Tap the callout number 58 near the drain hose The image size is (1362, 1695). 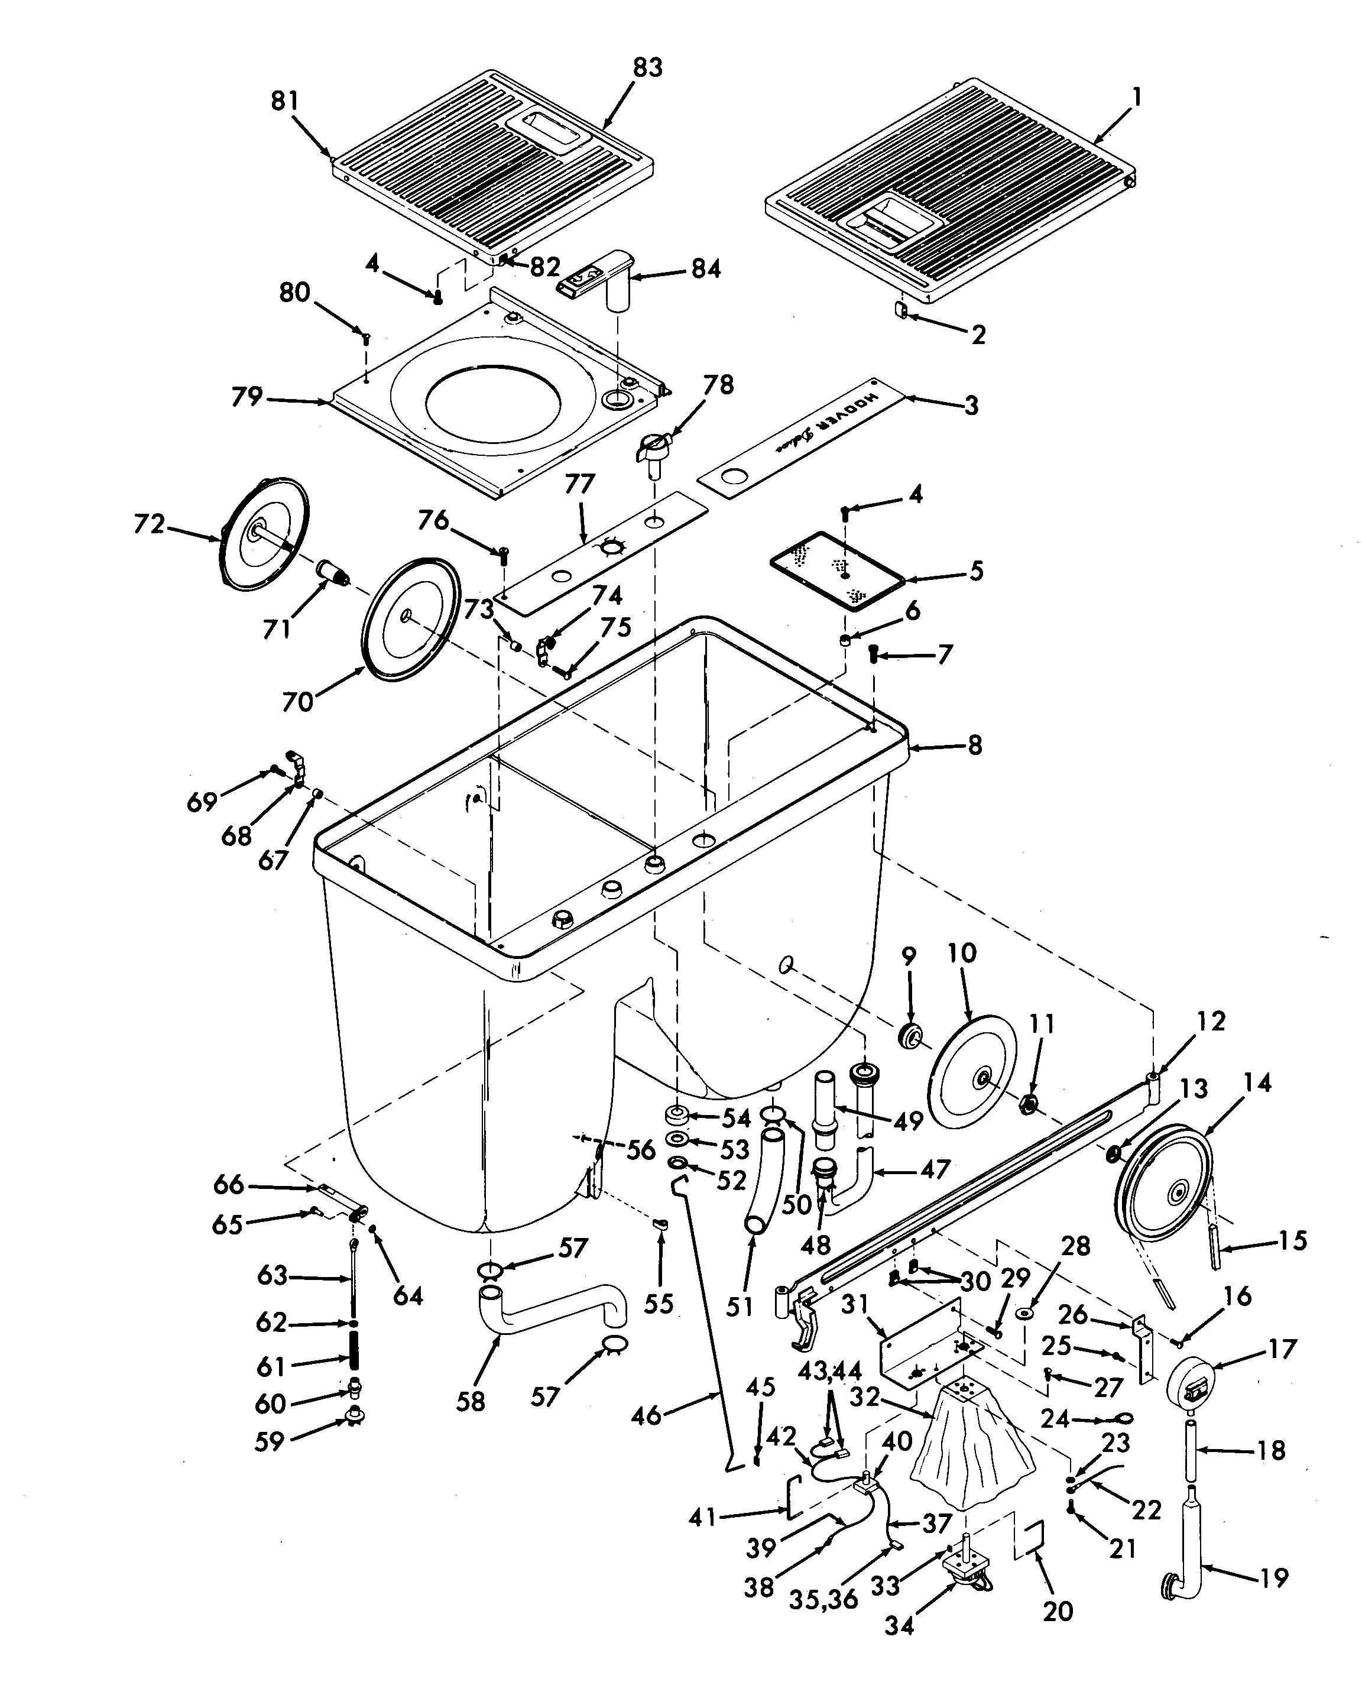pos(470,1401)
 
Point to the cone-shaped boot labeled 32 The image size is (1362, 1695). pos(971,1461)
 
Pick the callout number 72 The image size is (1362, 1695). pos(150,524)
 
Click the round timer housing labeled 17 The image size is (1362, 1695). pos(1190,1376)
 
